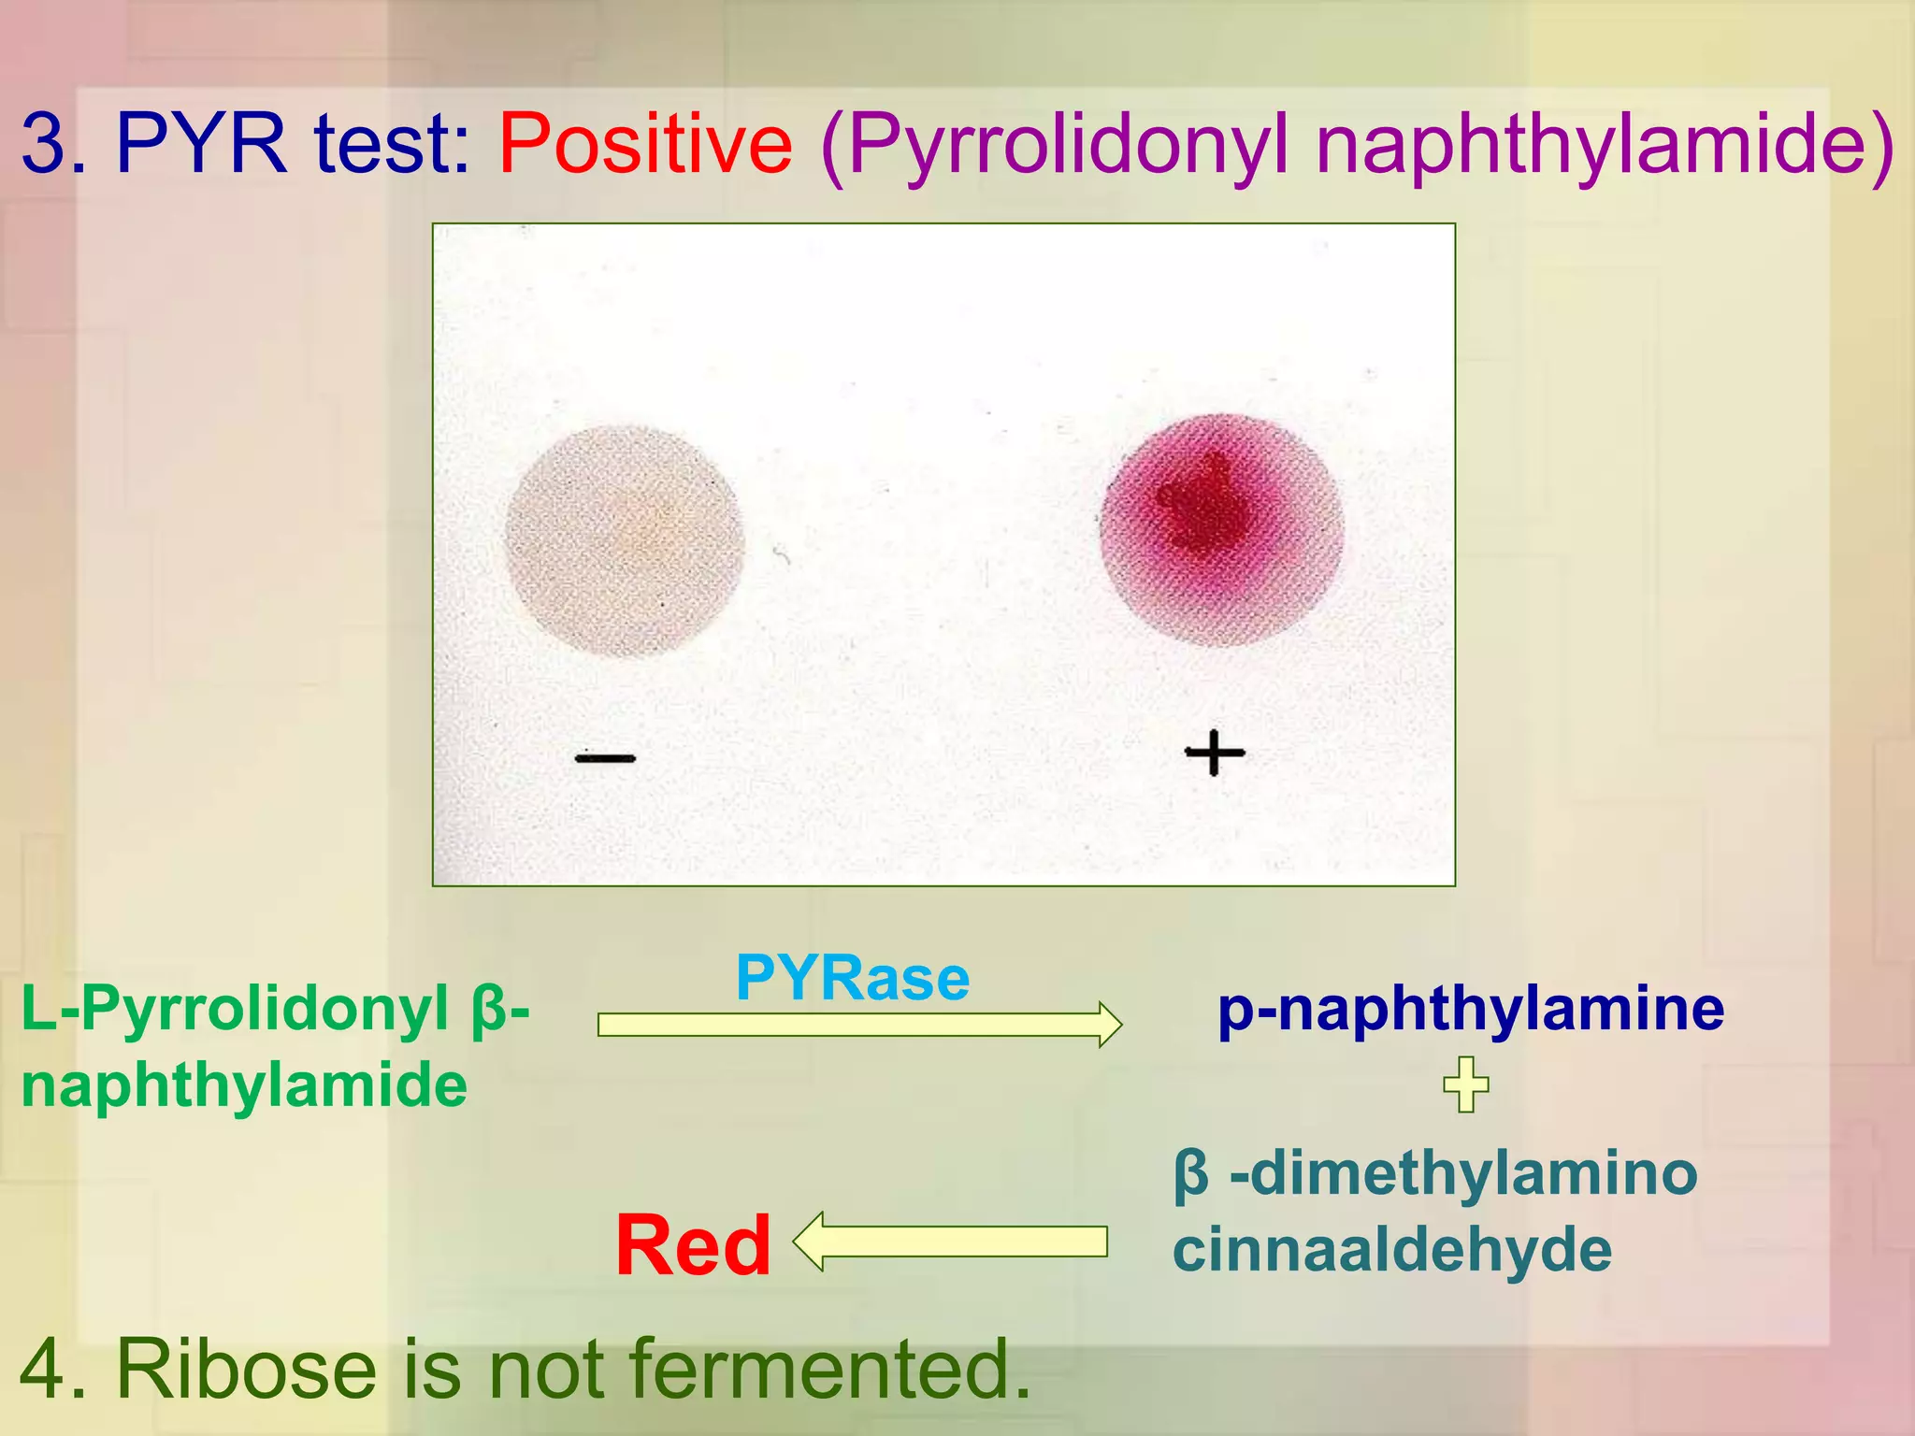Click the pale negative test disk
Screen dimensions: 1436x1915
tap(625, 540)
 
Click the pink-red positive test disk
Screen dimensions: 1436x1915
tap(1221, 530)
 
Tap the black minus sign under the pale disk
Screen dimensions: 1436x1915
tap(605, 758)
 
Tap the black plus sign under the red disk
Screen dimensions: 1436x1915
tap(1215, 753)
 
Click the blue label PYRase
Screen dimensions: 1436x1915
tap(852, 979)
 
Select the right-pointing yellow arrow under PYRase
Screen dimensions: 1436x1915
tap(858, 1025)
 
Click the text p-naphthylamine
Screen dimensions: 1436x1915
tap(1470, 1010)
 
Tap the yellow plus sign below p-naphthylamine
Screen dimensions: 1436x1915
tap(1465, 1084)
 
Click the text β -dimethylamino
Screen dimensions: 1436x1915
tap(1435, 1173)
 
